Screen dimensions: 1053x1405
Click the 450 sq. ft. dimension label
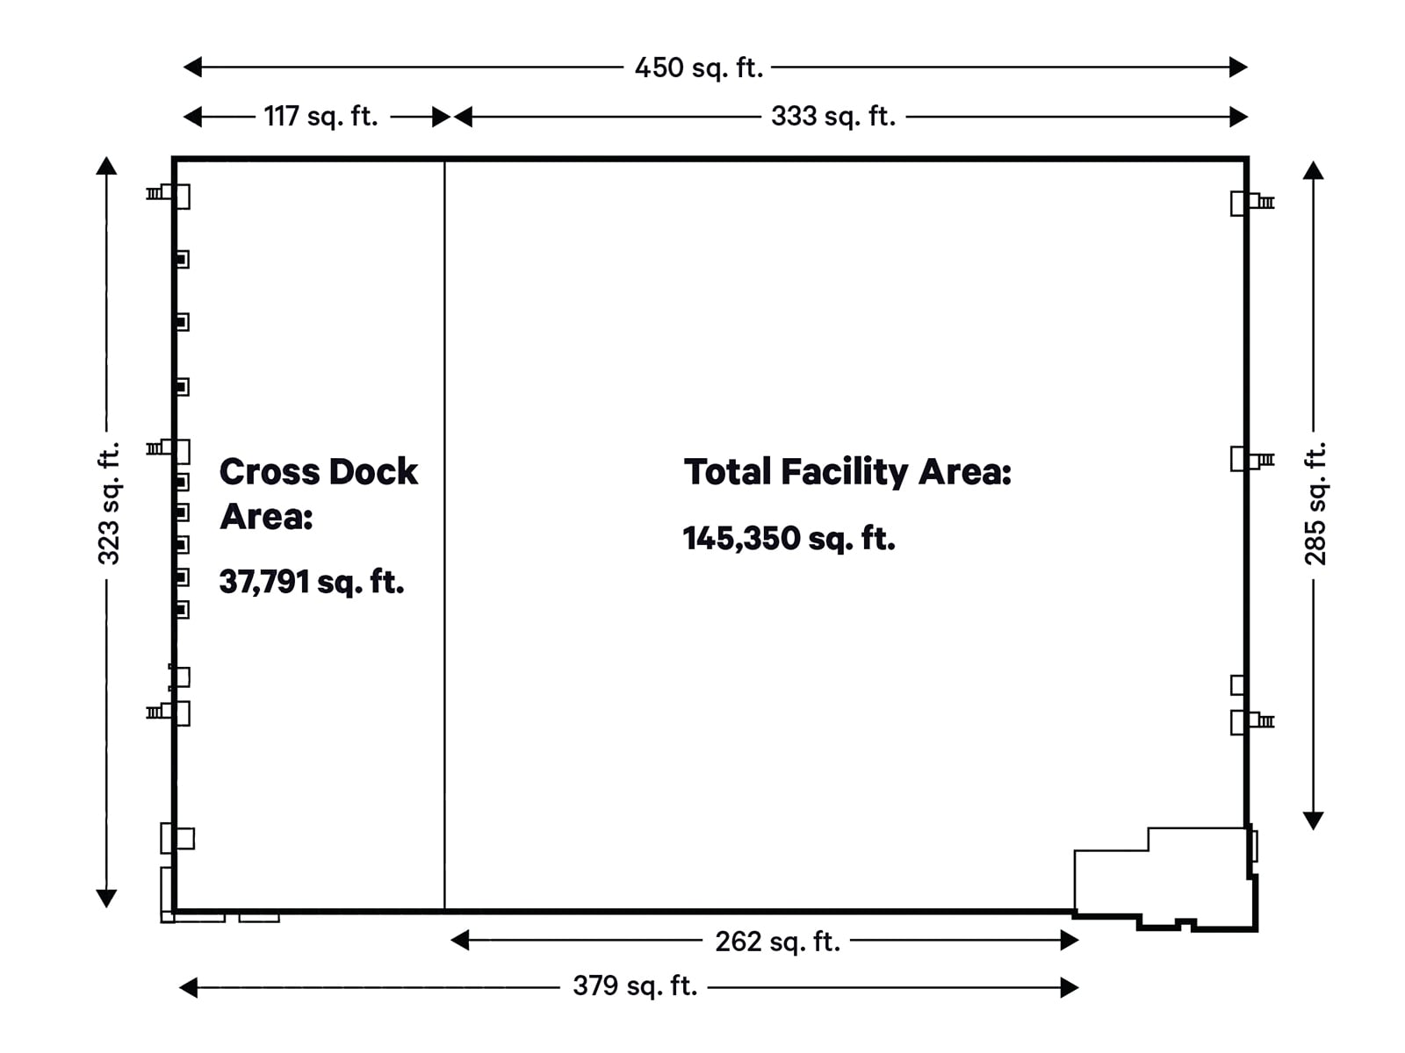tap(699, 68)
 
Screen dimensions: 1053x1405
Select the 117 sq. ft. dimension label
tap(321, 116)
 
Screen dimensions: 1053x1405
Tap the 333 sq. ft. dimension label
tap(833, 116)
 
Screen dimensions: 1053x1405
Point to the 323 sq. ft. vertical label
tap(108, 504)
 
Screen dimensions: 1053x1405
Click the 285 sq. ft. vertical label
tap(1315, 504)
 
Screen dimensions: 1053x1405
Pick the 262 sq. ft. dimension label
tap(777, 942)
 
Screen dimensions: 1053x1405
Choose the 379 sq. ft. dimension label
tap(635, 986)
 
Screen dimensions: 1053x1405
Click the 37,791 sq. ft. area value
tap(312, 582)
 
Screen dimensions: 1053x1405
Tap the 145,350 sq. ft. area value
tap(789, 538)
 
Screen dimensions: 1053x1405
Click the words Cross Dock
tap(318, 471)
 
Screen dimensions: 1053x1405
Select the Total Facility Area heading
tap(847, 471)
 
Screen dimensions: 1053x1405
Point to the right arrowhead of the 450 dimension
tap(1238, 67)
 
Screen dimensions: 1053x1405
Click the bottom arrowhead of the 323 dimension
tap(106, 898)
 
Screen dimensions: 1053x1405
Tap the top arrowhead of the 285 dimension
tap(1313, 170)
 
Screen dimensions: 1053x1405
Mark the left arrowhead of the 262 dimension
tap(460, 941)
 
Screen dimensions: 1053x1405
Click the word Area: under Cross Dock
tap(266, 516)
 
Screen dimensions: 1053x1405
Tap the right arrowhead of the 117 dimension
tap(442, 117)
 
